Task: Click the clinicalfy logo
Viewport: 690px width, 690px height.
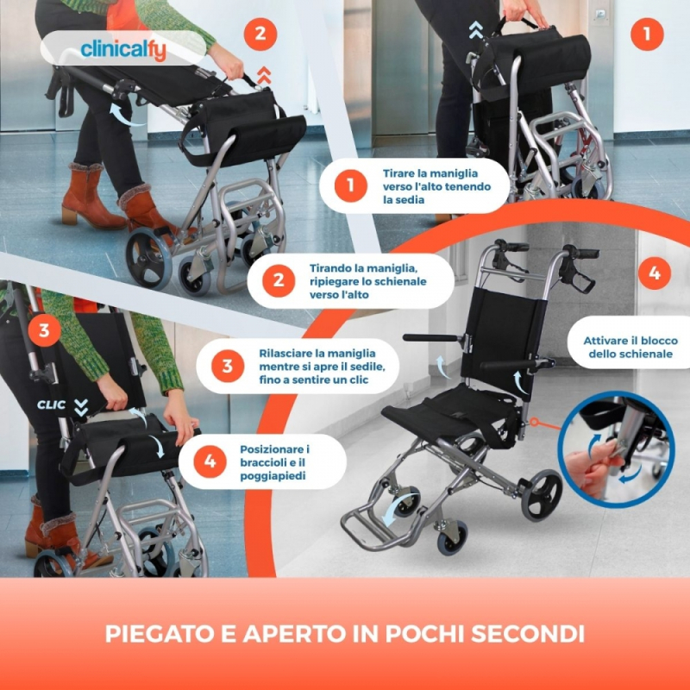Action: pos(123,50)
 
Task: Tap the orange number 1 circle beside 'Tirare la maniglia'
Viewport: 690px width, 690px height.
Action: pos(351,185)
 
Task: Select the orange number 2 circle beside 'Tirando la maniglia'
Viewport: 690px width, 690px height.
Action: pos(279,280)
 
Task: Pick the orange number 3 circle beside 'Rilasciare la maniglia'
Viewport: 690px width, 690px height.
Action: pos(228,366)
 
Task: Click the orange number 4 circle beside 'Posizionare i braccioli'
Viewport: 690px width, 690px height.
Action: pos(210,461)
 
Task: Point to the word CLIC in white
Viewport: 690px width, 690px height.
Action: pos(52,405)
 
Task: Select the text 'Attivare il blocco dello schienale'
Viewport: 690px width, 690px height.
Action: pos(630,348)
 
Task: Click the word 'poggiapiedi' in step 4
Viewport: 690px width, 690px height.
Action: pos(273,476)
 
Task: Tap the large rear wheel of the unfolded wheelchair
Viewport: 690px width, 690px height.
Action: pos(542,495)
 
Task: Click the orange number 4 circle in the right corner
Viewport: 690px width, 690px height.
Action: pos(655,273)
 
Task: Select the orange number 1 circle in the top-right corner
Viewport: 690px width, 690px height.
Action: pos(647,34)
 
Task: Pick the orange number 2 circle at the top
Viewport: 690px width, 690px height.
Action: pos(260,34)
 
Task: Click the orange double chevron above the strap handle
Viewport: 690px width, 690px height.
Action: pos(264,75)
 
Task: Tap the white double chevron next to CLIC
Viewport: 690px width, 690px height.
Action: pos(81,407)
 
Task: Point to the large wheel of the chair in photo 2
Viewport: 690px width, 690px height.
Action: pos(148,258)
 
